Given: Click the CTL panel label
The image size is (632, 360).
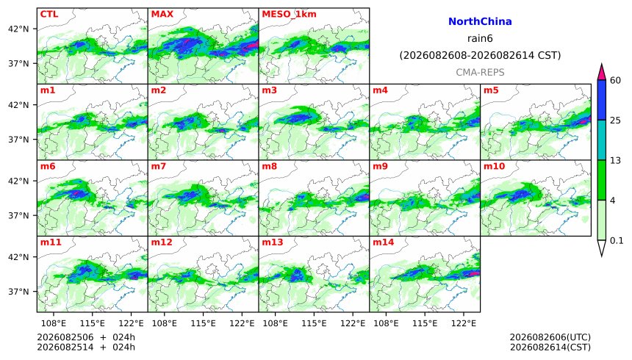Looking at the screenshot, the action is pos(49,14).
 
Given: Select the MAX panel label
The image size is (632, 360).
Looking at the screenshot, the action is pos(162,14).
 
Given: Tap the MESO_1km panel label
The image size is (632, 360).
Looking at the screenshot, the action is pos(289,15).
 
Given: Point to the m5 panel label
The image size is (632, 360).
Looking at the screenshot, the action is pos(491,90).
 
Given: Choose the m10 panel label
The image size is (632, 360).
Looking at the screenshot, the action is pos(494,166).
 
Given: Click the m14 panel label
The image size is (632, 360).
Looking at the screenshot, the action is pos(384,242).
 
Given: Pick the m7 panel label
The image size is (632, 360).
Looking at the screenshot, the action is pos(159,166).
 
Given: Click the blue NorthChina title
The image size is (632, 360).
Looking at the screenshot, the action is pos(480,22).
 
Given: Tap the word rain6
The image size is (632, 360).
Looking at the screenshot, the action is pos(480,38).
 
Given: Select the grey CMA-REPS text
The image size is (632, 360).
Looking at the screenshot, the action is pos(480,72).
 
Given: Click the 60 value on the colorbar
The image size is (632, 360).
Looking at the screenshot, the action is pos(616,80).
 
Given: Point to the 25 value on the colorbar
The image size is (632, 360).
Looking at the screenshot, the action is pos(616,120).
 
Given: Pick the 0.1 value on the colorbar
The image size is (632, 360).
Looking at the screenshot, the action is pos(617,241).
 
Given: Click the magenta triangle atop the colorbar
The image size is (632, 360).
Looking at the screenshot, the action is pos(602,73).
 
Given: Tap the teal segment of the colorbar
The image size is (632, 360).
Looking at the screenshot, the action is pos(602,140).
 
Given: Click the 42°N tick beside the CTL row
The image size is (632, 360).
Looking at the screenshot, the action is pos(18,29).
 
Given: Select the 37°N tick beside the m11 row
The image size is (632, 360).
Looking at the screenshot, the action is pos(18,292).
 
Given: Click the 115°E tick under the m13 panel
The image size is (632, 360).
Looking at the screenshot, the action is pos(314,323).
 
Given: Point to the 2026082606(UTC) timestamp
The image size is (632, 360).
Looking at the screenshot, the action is pos(550,337).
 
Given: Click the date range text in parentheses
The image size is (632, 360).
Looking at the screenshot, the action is pos(480,55).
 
